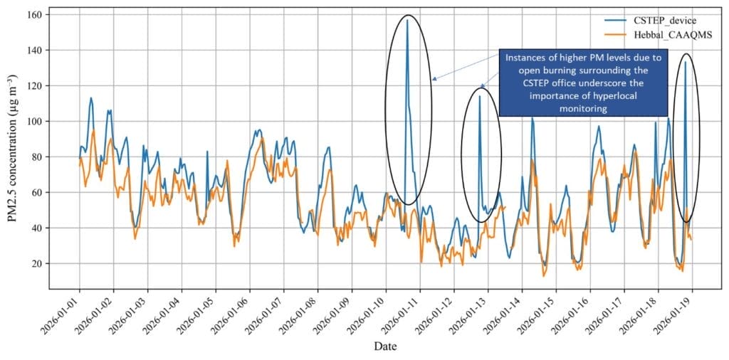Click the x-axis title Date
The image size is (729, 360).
click(385, 346)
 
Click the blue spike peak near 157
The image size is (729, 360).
click(407, 20)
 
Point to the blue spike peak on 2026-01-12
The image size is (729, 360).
click(479, 96)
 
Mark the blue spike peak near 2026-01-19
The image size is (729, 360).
click(686, 62)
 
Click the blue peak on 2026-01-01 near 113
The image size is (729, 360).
click(91, 98)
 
